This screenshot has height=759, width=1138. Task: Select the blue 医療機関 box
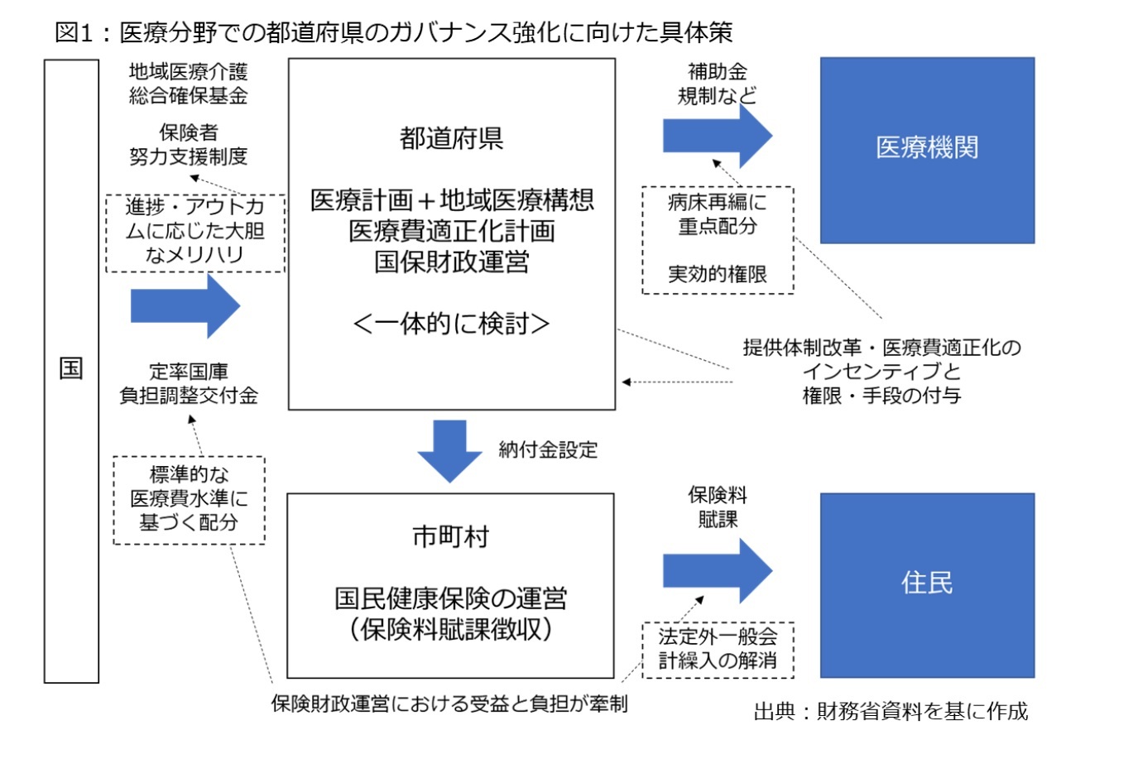927,150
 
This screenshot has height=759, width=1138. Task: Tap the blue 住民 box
927,585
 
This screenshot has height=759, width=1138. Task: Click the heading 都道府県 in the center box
451,138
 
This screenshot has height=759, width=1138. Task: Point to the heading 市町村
450,536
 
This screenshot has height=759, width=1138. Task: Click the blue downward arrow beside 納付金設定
449,449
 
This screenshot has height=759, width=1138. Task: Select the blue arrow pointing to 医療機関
717,136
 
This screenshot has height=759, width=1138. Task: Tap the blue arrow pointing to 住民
717,571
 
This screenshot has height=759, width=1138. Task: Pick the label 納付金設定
548,450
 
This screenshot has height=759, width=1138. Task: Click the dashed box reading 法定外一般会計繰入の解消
718,649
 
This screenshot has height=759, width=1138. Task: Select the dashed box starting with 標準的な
189,499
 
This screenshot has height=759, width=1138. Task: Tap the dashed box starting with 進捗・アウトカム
194,232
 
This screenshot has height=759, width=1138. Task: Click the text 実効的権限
718,274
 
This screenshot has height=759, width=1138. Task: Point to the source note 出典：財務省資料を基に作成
891,711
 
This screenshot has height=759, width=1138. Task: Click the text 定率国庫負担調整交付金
189,384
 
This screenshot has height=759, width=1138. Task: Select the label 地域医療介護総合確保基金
189,84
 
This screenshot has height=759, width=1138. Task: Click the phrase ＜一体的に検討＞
451,324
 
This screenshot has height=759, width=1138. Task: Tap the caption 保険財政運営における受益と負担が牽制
449,704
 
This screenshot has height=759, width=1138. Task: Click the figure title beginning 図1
393,32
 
